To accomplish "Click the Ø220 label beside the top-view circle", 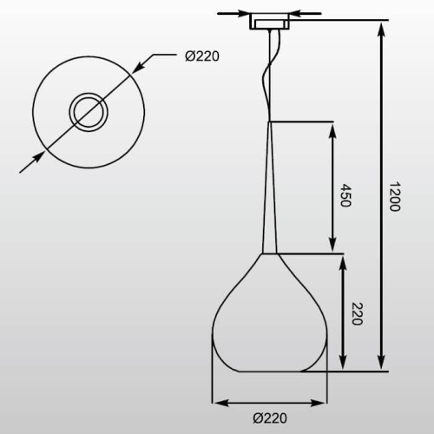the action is pyautogui.click(x=202, y=56).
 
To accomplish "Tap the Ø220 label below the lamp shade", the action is pyautogui.click(x=270, y=418).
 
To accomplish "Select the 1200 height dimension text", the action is pyautogui.click(x=394, y=196).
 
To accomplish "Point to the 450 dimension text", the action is pyautogui.click(x=345, y=195).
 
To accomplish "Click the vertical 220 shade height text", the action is pyautogui.click(x=357, y=314).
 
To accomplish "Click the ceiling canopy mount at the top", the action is pyautogui.click(x=270, y=21).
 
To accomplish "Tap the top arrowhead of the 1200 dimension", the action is pyautogui.click(x=382, y=30).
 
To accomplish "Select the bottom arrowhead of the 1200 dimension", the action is pyautogui.click(x=382, y=362).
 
